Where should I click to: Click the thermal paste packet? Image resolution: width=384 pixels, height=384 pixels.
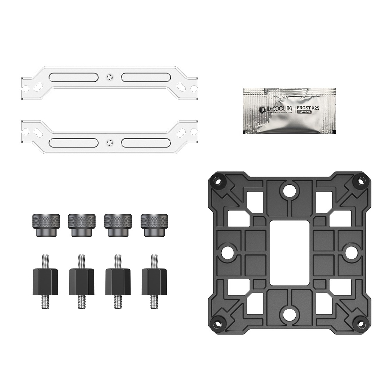(x=288, y=111)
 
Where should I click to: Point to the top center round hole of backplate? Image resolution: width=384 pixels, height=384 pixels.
(x=288, y=190)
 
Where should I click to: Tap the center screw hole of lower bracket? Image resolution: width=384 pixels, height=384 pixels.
(x=110, y=142)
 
